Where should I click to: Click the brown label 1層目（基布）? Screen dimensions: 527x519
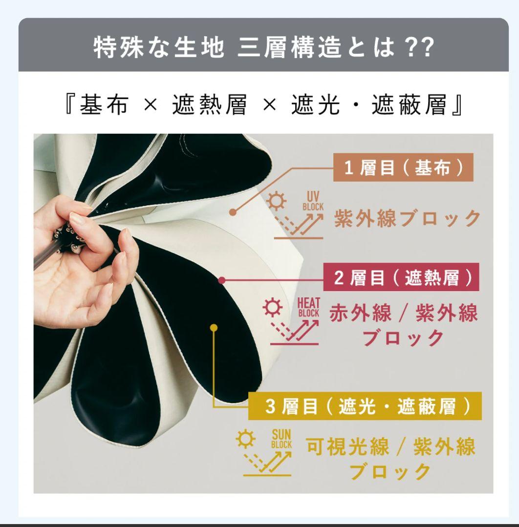tap(404, 169)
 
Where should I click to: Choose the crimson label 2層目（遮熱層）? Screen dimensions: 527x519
tap(401, 279)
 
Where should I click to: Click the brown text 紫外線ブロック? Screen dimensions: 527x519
tap(408, 218)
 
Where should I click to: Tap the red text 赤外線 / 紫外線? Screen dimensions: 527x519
tap(403, 313)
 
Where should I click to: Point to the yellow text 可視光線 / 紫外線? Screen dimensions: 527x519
tap(390, 446)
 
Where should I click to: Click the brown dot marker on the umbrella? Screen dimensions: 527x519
tap(233, 212)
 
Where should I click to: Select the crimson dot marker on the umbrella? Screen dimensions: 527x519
tap(222, 280)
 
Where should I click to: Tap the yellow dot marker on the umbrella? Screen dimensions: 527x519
tap(214, 328)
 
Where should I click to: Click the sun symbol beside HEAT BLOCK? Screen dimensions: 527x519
tap(270, 310)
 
